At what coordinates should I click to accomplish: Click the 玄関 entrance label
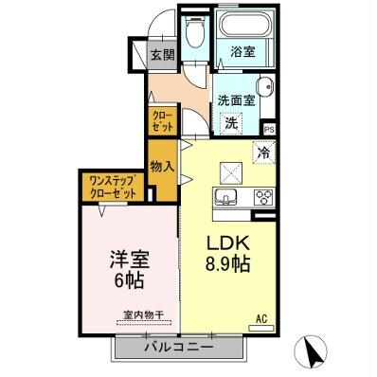tap(163, 56)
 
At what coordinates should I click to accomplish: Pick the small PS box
tap(269, 129)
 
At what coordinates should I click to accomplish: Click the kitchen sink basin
tap(227, 197)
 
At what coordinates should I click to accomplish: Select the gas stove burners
tap(261, 197)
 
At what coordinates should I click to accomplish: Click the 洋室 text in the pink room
tap(128, 259)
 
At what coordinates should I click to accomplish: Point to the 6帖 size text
tap(128, 281)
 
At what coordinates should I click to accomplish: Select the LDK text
tap(227, 242)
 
